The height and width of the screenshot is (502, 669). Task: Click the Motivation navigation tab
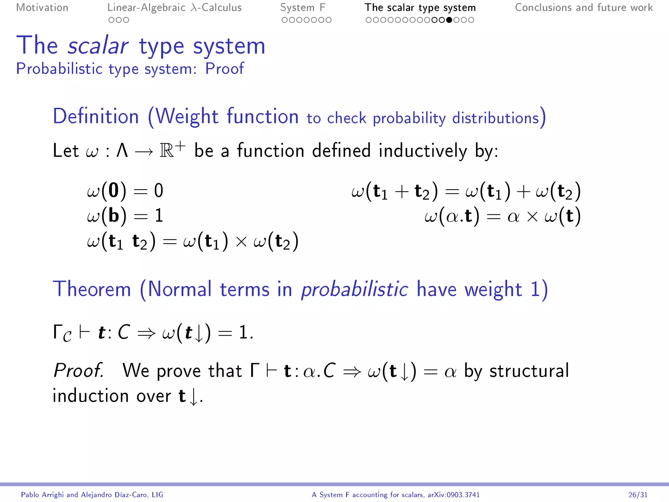(42, 8)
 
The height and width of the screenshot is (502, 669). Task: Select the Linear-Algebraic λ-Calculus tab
(174, 8)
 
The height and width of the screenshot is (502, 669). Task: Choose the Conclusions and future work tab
(583, 8)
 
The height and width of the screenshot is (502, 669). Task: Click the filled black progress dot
(449, 20)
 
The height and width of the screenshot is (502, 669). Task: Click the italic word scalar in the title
(98, 46)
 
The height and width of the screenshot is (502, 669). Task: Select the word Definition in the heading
(96, 116)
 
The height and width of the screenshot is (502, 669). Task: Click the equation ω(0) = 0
(125, 191)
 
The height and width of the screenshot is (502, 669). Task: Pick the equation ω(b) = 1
(125, 216)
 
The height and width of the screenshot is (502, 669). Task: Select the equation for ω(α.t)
(502, 216)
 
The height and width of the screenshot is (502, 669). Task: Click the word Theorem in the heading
(92, 289)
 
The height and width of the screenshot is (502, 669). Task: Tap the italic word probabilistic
(354, 289)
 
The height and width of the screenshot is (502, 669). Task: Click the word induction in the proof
(90, 396)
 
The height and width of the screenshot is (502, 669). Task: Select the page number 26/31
(638, 495)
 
